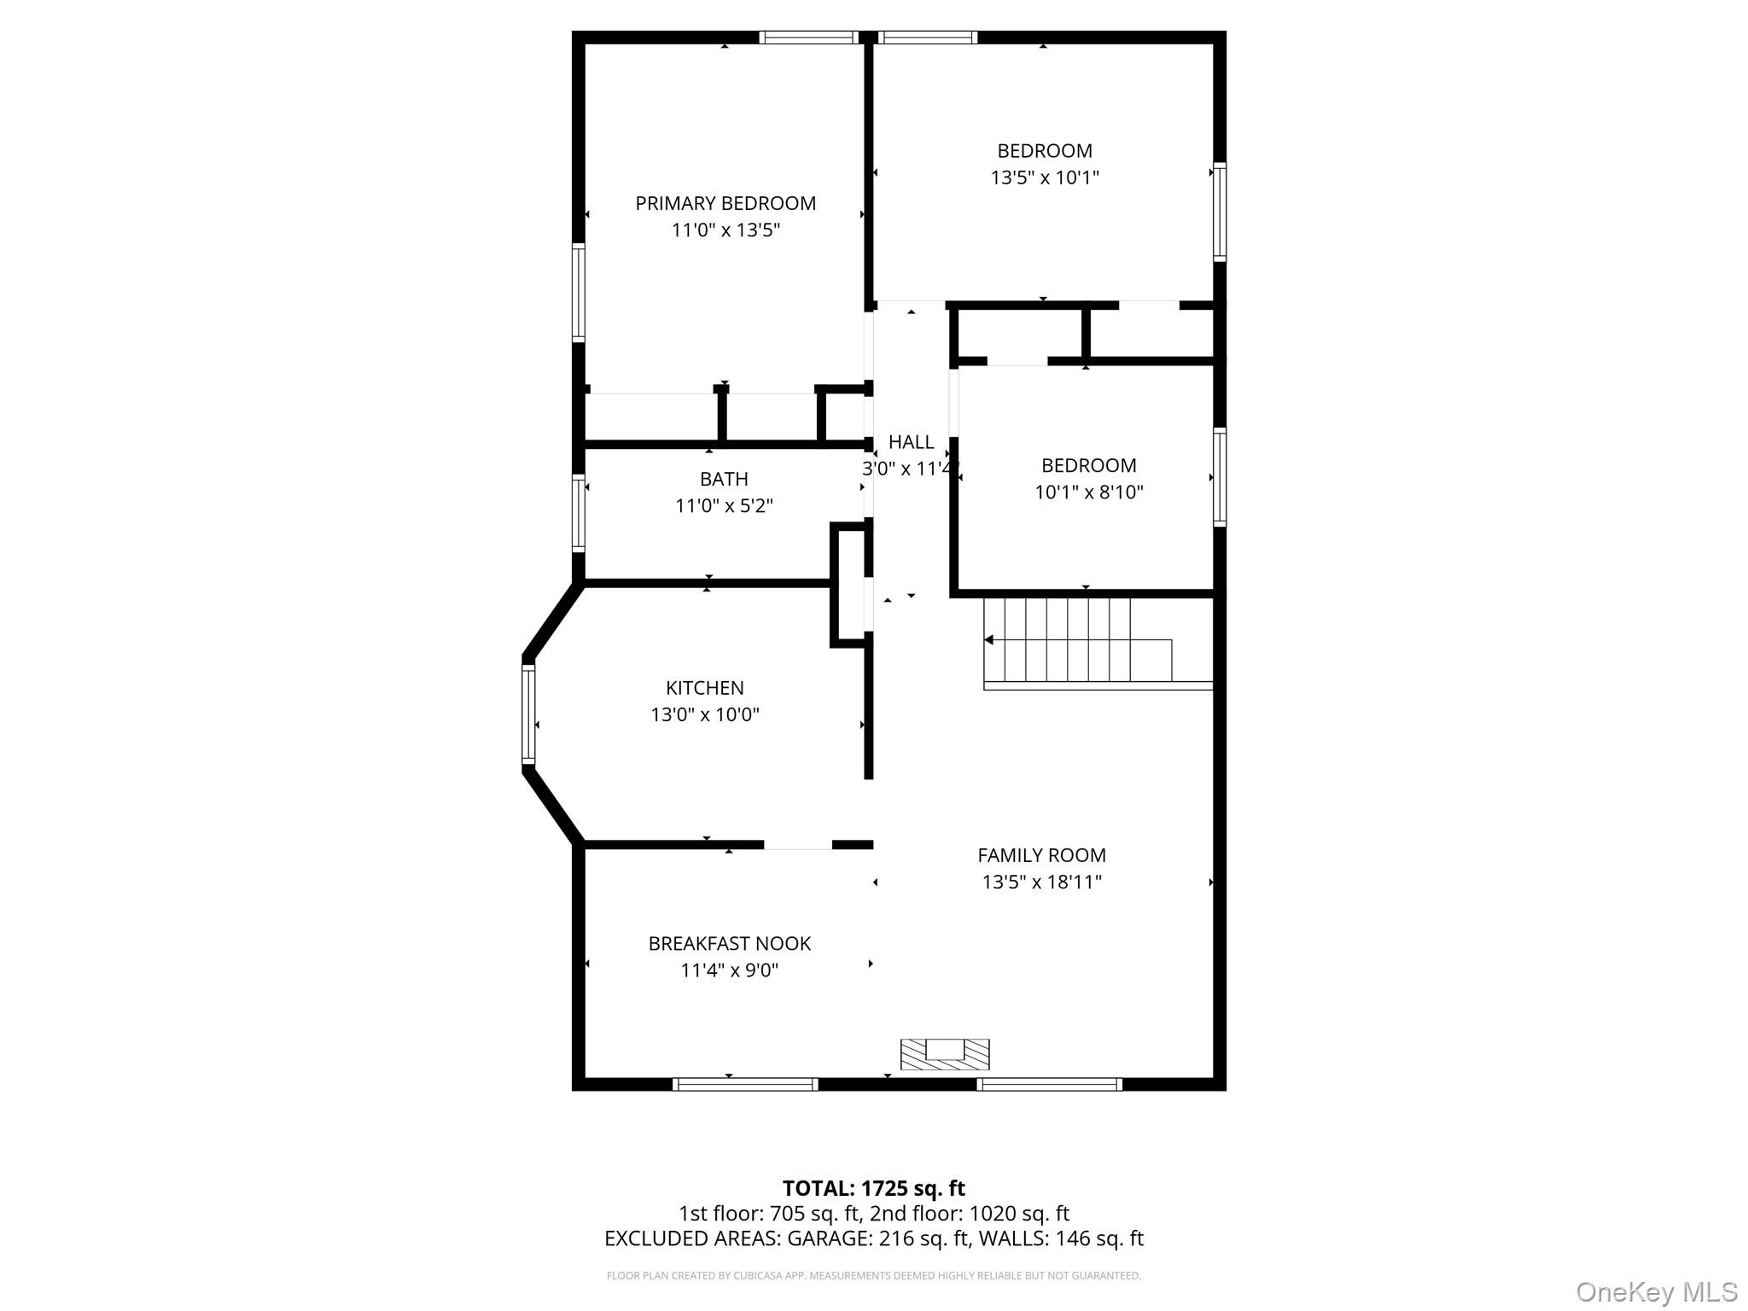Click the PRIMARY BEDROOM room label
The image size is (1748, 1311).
pos(725,203)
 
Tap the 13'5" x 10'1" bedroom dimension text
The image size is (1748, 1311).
pos(1045,178)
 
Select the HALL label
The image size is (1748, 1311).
pos(911,441)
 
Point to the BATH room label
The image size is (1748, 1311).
pos(724,479)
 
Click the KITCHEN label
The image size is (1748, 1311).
pos(704,687)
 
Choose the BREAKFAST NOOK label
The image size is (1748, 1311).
pos(729,943)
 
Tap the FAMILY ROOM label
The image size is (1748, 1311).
pos(1041,854)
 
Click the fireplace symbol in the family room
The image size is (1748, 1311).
pos(945,1054)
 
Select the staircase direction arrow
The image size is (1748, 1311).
pos(989,639)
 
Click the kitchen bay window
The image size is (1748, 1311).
pos(528,714)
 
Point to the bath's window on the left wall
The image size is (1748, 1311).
pos(579,513)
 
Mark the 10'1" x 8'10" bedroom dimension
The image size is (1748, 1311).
pos(1089,492)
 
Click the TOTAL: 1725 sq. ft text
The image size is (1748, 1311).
pos(873,1188)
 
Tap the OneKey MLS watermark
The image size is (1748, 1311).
pos(1656,1291)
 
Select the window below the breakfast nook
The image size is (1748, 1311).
pos(745,1084)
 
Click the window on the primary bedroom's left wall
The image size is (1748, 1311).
pos(579,293)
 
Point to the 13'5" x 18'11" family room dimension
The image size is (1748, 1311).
pos(1041,882)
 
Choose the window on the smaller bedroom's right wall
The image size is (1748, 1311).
pos(1220,476)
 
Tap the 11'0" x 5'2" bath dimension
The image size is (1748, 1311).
pos(724,505)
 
